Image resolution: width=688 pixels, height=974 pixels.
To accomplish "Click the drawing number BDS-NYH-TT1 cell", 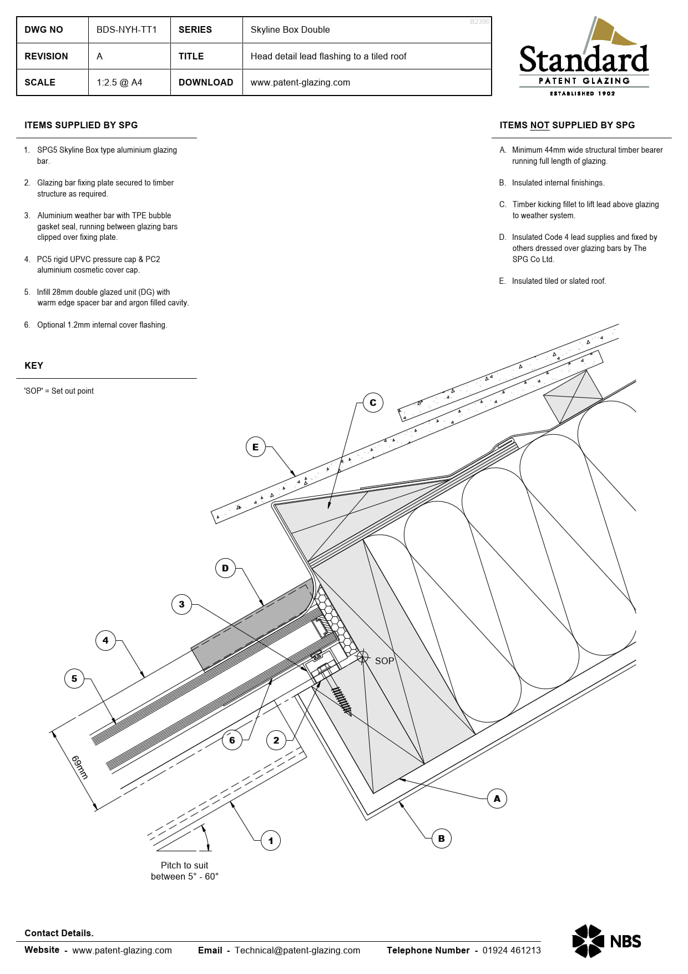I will [127, 30].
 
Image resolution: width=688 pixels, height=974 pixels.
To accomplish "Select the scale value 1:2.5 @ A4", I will [119, 82].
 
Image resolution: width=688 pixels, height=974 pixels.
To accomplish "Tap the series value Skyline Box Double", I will [290, 30].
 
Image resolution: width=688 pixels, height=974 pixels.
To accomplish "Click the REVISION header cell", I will [47, 56].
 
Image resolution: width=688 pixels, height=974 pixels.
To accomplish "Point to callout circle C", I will [373, 403].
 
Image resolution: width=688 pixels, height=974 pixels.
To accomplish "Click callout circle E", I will [255, 447].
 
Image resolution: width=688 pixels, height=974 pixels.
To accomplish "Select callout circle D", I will [225, 568].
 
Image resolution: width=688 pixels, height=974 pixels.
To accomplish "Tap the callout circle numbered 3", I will [181, 604].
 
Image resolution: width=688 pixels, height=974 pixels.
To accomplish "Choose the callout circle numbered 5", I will [74, 679].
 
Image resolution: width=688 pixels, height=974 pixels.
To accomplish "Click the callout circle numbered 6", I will [232, 740].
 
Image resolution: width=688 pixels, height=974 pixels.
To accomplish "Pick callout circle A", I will [497, 799].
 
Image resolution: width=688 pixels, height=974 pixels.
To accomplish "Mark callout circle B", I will [441, 839].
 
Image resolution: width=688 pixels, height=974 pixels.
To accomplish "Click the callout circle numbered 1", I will [270, 841].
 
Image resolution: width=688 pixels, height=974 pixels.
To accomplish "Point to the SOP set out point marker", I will [363, 657].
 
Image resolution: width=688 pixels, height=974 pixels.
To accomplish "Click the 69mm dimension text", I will [79, 767].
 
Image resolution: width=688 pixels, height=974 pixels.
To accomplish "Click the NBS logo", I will [606, 941].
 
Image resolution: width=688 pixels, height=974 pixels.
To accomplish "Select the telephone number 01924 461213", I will [511, 950].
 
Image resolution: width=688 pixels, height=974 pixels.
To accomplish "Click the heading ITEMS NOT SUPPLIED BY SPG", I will [567, 125].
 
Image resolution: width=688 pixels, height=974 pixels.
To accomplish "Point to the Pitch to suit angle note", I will [184, 871].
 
